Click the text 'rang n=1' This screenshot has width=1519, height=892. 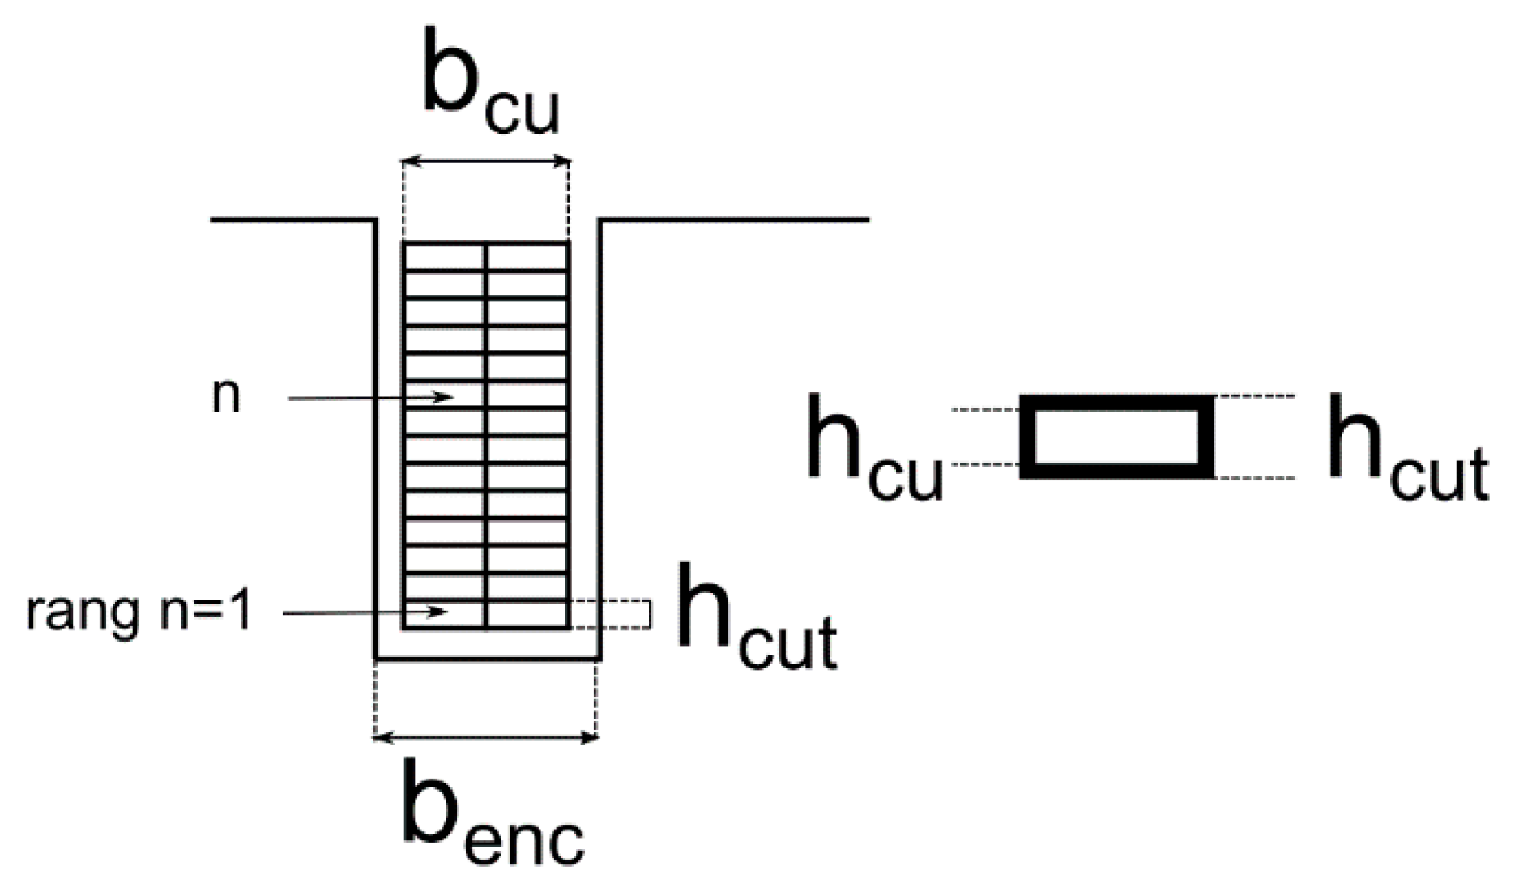pos(139,612)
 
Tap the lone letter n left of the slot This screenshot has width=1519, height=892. pos(226,398)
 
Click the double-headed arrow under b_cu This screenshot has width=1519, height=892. pos(486,162)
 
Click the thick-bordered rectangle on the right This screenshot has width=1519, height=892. pos(1116,437)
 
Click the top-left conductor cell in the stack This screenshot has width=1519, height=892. pos(445,257)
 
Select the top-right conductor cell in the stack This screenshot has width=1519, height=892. pos(527,257)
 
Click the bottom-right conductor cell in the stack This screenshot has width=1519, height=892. pos(527,613)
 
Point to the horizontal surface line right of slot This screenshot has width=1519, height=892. pos(733,219)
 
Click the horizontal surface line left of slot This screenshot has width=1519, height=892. pos(292,219)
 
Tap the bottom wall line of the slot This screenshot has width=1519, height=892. pos(487,658)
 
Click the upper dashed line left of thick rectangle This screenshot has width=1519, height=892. pos(984,410)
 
